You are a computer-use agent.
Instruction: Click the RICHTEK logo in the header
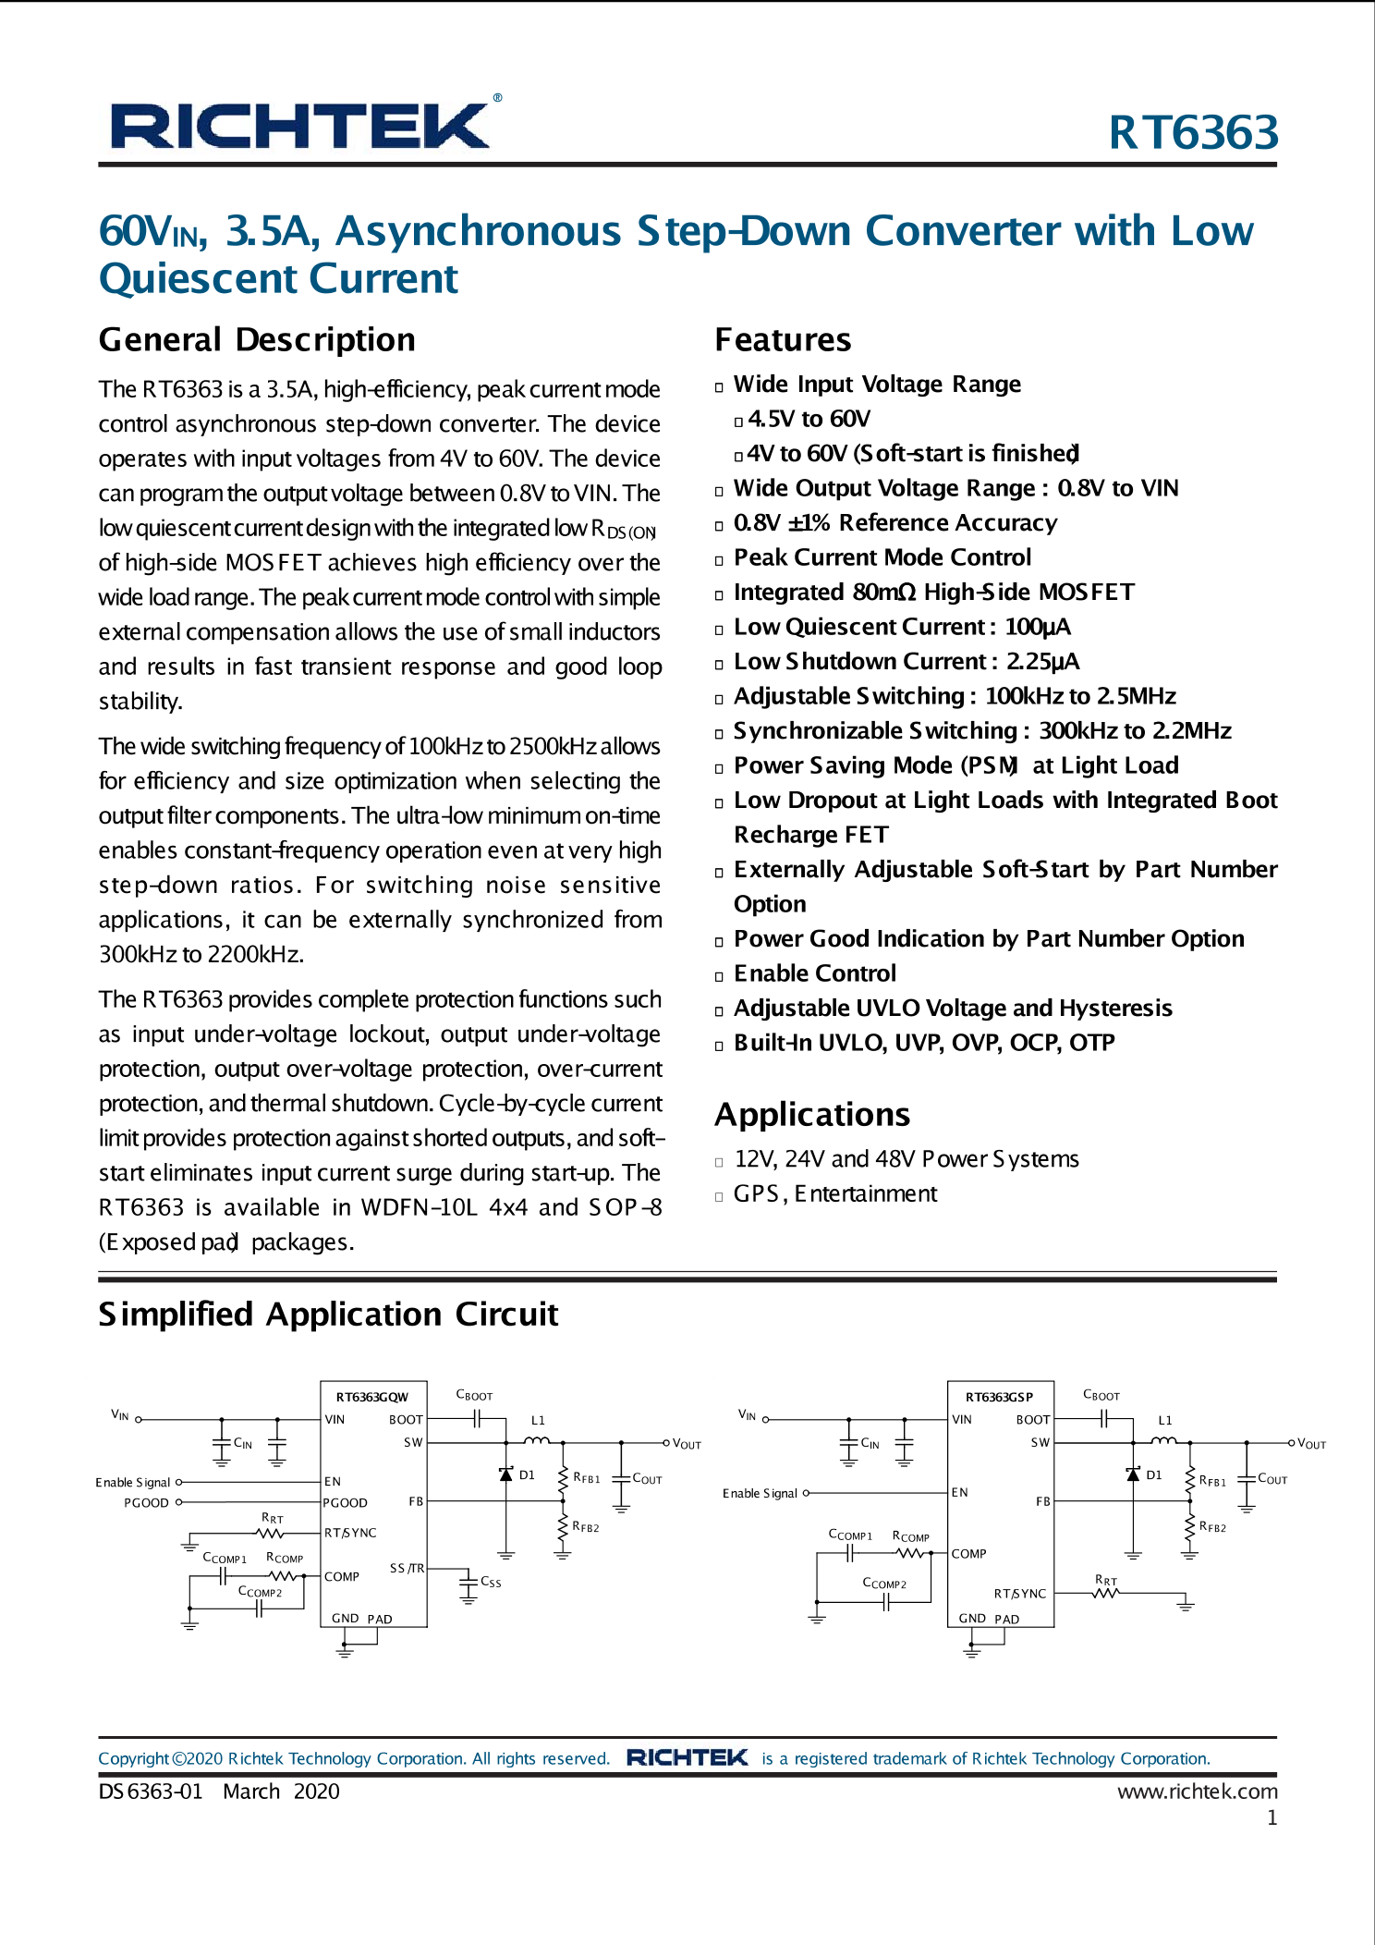coord(300,126)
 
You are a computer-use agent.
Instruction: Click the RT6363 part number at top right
coord(1192,132)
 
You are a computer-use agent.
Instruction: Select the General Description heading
coord(257,339)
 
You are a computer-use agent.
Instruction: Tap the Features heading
coord(783,339)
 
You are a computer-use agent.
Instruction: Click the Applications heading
coord(812,1114)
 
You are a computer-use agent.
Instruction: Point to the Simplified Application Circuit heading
coord(328,1314)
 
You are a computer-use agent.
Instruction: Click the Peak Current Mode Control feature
coord(882,557)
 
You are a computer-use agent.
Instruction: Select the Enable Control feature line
coord(814,973)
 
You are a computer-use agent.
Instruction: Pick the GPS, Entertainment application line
coord(834,1193)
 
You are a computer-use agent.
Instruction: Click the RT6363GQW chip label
coord(371,1397)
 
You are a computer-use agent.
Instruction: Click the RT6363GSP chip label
coord(999,1397)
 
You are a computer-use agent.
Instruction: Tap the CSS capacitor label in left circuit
coord(491,1582)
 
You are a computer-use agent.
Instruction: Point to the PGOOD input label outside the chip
coord(147,1502)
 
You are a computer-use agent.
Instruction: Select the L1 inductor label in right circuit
coord(1164,1420)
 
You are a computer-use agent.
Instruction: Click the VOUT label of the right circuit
coord(1311,1443)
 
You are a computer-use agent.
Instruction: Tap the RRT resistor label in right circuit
coord(1106,1580)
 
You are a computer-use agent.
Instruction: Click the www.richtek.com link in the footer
coord(1197,1791)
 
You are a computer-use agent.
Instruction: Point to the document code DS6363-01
coord(151,1791)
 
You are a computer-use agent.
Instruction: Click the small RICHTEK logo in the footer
coord(687,1757)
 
